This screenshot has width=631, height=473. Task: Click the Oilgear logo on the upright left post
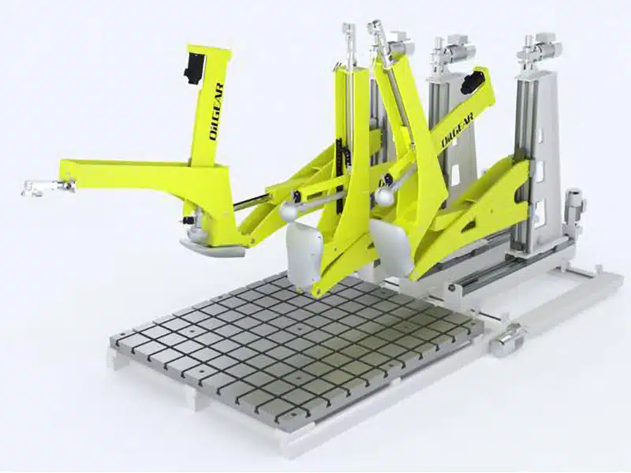[217, 111]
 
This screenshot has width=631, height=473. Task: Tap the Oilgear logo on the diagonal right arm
[457, 131]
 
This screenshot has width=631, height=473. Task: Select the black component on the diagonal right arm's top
[471, 82]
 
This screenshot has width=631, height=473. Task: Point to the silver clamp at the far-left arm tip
[48, 187]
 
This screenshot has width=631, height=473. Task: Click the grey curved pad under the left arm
[211, 248]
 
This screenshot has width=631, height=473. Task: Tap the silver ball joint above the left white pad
[289, 211]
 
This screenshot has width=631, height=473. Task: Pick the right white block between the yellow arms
[391, 246]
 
